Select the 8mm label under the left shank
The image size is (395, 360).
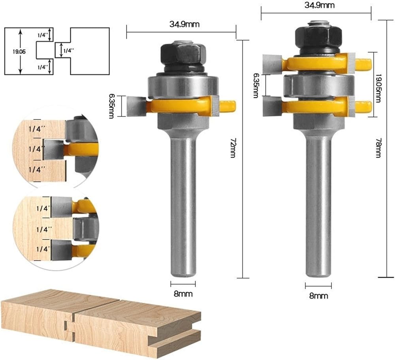click(183, 294)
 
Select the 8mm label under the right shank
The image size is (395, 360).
click(319, 296)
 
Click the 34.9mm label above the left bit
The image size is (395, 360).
click(184, 24)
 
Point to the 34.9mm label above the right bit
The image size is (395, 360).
click(320, 5)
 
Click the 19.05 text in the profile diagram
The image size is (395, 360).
click(19, 52)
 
